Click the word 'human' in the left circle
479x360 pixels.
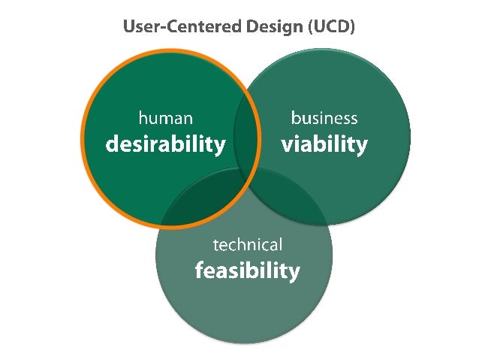(x=165, y=118)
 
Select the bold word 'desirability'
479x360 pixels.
(x=165, y=144)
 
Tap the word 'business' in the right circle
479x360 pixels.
(x=324, y=118)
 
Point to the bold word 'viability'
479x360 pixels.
(x=324, y=144)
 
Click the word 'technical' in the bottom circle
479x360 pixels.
(x=248, y=245)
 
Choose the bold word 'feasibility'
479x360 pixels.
(x=247, y=271)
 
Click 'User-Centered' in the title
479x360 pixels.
(x=173, y=27)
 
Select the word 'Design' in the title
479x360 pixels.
(x=260, y=27)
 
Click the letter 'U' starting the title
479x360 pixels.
(x=128, y=27)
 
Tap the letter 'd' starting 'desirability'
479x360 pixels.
(x=111, y=144)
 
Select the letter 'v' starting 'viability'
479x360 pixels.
(x=286, y=144)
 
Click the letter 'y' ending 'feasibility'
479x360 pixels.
(x=294, y=273)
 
